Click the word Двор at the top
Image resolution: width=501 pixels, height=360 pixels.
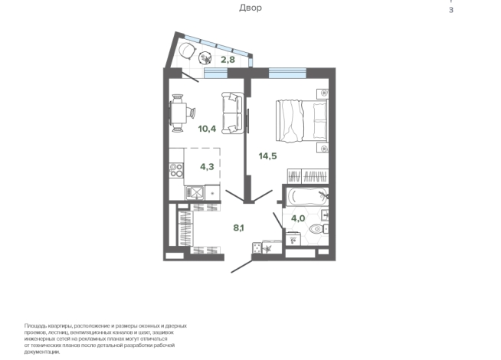click(250, 8)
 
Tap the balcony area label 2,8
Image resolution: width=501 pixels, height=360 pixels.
click(228, 60)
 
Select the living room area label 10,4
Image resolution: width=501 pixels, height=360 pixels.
click(207, 129)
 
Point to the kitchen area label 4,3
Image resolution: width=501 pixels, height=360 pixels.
click(207, 166)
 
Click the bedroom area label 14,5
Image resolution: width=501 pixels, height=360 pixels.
click(268, 156)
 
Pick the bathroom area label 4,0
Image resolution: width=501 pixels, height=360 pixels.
click(298, 218)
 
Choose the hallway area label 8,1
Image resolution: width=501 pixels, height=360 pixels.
click(239, 227)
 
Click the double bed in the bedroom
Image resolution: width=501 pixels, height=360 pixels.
click(302, 121)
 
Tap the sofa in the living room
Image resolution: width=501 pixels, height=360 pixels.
click(233, 113)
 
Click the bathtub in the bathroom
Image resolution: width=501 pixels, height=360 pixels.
click(306, 196)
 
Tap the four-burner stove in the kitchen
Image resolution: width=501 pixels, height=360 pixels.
click(176, 170)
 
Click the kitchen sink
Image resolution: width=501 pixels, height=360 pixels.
click(195, 192)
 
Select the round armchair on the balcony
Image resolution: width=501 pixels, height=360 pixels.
click(187, 51)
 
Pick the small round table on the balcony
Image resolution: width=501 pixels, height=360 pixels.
click(205, 58)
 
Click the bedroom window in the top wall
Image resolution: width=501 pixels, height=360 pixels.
click(287, 74)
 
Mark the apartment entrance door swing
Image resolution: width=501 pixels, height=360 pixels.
click(242, 267)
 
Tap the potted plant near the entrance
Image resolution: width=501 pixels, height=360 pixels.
click(267, 247)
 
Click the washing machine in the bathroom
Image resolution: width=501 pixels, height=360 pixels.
click(293, 239)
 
